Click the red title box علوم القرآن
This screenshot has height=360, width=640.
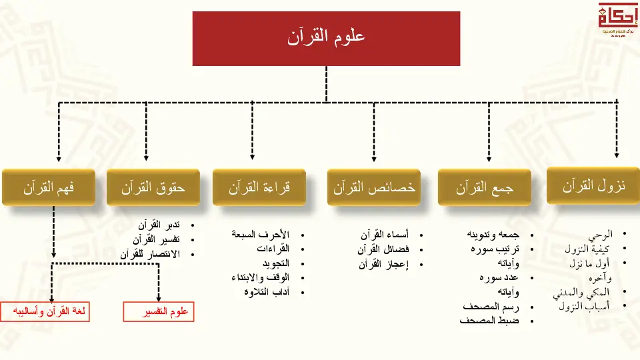pyautogui.click(x=326, y=38)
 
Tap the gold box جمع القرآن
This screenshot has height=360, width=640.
pyautogui.click(x=485, y=187)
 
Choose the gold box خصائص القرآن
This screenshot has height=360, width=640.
pyautogui.click(x=374, y=187)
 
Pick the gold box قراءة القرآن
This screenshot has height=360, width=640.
pyautogui.click(x=259, y=187)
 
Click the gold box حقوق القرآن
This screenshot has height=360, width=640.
pyautogui.click(x=153, y=187)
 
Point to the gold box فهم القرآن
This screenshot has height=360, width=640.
pyautogui.click(x=48, y=187)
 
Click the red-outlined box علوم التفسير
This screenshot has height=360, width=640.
pyautogui.click(x=159, y=312)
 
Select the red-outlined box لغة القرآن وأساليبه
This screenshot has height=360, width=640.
pyautogui.click(x=47, y=312)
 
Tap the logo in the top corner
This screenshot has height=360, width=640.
pyautogui.click(x=617, y=20)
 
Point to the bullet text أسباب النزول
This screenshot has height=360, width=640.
pyautogui.click(x=583, y=307)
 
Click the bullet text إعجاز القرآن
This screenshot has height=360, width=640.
pyautogui.click(x=384, y=264)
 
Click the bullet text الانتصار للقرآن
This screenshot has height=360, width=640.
pyautogui.click(x=150, y=254)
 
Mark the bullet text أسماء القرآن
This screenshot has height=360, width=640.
pyautogui.click(x=385, y=235)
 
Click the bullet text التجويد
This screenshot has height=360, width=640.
pyautogui.click(x=274, y=263)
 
